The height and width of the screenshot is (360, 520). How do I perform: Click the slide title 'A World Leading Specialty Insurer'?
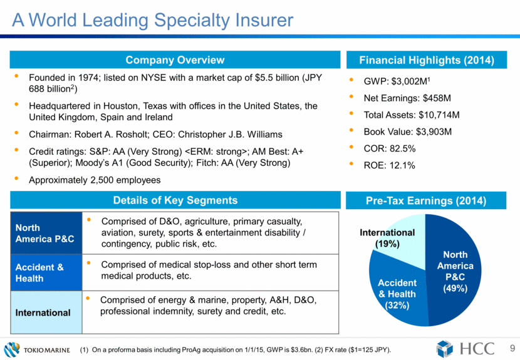pos(153,20)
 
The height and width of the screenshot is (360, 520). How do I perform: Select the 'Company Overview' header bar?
pos(175,60)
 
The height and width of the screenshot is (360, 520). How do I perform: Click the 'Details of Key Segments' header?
pos(175,200)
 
